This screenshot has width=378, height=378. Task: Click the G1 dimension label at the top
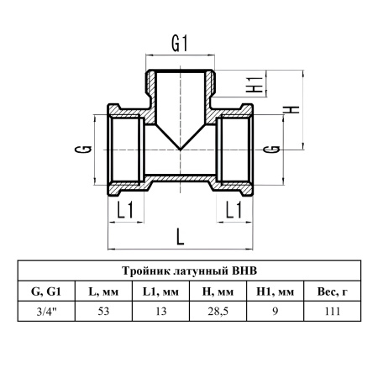click(179, 44)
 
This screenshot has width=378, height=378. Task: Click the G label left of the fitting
click(83, 150)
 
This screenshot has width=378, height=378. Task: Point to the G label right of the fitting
click(271, 150)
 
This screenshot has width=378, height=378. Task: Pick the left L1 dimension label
click(125, 210)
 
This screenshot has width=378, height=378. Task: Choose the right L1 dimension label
click(234, 210)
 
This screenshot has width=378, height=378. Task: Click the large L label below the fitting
click(181, 237)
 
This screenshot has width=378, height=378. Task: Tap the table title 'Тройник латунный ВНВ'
click(189, 270)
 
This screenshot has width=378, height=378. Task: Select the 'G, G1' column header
click(46, 291)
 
